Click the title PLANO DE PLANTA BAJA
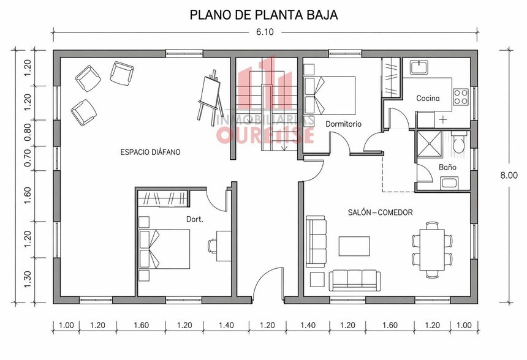click(263, 15)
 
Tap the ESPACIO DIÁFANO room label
click(150, 152)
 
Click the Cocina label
click(428, 99)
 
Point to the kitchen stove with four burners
click(460, 97)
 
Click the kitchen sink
click(419, 67)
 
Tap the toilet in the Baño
click(458, 144)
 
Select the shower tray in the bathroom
click(429, 144)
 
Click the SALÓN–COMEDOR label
click(380, 212)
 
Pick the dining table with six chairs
click(432, 250)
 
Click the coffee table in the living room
click(354, 246)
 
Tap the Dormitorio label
click(344, 124)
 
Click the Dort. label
click(195, 219)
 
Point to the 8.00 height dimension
click(509, 175)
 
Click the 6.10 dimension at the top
click(265, 32)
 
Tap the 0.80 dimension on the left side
click(28, 132)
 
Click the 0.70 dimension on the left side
click(28, 158)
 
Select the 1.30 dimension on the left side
click(28, 279)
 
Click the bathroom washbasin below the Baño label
click(449, 184)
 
